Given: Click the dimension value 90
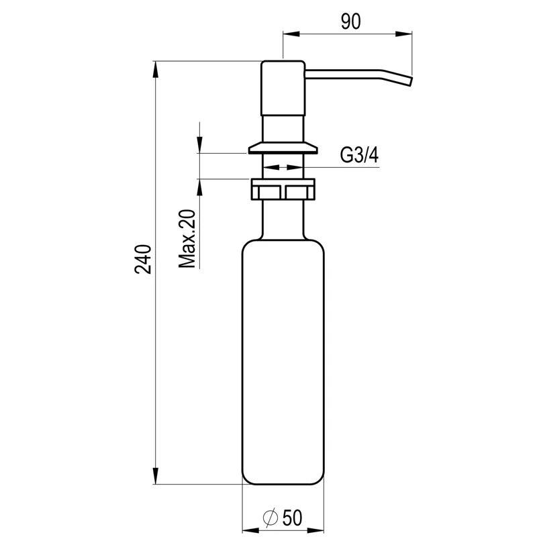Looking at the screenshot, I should pos(350,21).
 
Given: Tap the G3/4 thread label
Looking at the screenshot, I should pos(359,156).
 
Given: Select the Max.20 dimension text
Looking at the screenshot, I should pos(188,238).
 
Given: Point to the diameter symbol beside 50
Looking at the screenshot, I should pos(270,518).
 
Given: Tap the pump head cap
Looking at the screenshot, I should pos(283,87).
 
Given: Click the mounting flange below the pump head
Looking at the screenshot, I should pos(283,147).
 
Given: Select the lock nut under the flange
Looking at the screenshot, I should pos(283,189).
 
